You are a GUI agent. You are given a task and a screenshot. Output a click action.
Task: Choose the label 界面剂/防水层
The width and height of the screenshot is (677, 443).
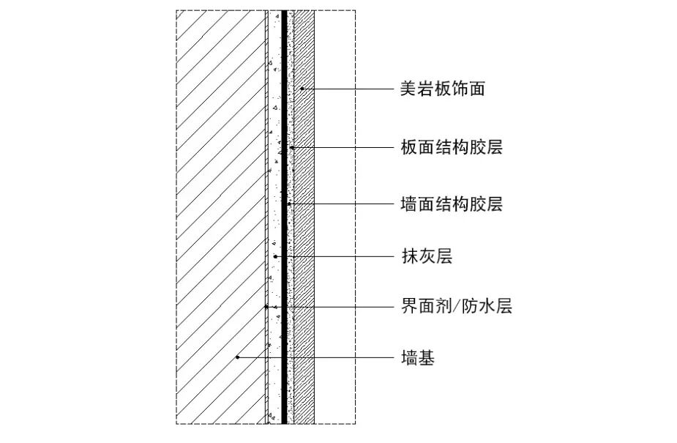[456, 307]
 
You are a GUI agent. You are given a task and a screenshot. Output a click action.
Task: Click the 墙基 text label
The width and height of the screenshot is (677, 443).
[418, 358]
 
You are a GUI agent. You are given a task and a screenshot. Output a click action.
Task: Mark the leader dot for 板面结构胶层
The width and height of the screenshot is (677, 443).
[292, 148]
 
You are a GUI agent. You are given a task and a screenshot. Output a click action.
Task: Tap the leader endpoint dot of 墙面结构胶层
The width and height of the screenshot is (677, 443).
[289, 204]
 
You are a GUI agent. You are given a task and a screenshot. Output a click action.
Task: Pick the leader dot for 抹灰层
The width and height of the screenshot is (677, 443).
[274, 256]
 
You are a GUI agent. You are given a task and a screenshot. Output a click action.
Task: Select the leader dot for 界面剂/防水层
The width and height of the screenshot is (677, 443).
[266, 307]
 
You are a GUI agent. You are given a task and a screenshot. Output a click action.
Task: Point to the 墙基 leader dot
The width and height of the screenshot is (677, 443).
[238, 358]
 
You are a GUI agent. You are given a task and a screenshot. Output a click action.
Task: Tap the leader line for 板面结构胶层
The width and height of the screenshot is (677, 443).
[344, 148]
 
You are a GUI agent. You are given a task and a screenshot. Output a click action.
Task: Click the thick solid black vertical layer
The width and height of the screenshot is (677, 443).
[284, 220]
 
